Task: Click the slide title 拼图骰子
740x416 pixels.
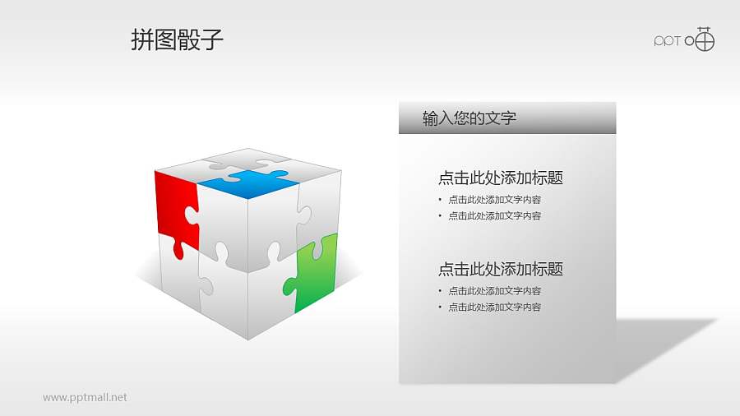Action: click(x=177, y=40)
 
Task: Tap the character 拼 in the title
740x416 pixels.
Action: click(x=142, y=40)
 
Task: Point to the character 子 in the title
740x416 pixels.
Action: click(x=212, y=40)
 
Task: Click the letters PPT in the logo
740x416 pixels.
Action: click(x=668, y=41)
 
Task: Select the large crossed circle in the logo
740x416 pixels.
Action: click(x=704, y=39)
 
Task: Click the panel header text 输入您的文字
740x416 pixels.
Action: click(x=469, y=118)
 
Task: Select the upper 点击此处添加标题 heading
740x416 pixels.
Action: click(x=500, y=178)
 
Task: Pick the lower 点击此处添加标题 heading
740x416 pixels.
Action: click(x=500, y=269)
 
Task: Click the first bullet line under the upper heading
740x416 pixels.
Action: click(x=494, y=199)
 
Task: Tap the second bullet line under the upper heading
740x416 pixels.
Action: click(x=494, y=215)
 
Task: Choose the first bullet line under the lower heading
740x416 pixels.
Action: click(x=494, y=290)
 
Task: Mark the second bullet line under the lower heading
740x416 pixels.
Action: click(x=494, y=307)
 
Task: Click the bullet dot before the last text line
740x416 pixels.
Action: click(x=440, y=307)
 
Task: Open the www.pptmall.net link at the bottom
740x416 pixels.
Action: click(x=85, y=397)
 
